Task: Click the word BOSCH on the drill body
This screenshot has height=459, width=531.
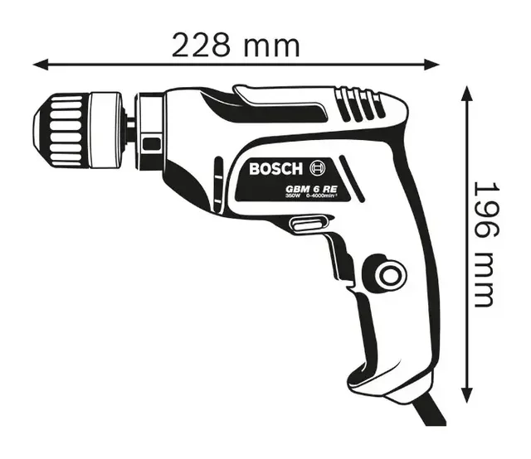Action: (277, 169)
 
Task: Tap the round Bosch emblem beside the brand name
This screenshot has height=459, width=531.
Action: (317, 168)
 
